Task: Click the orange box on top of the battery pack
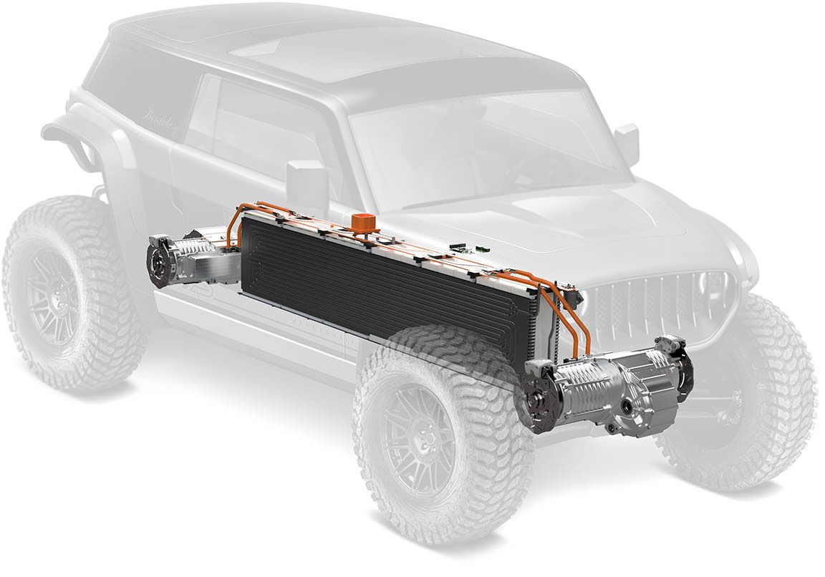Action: pos(362,221)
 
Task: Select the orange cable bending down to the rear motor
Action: pos(233,229)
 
